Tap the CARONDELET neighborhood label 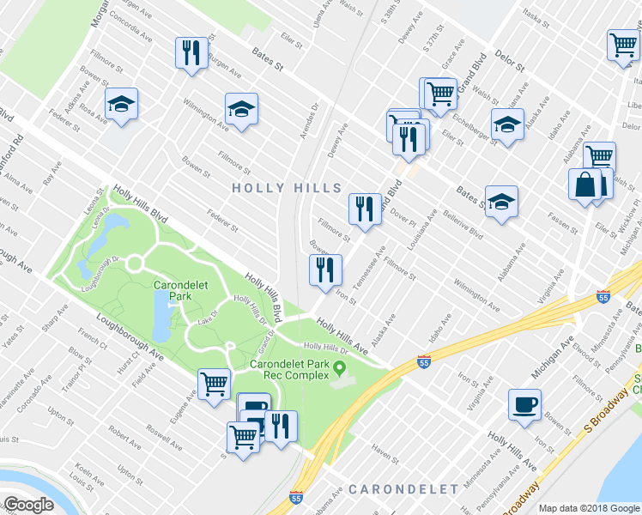tap(403, 489)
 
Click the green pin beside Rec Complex tap(341, 369)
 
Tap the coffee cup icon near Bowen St tap(524, 404)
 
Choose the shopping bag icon tap(584, 185)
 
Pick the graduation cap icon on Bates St tap(501, 203)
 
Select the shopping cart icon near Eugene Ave tap(214, 384)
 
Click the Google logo tap(28, 504)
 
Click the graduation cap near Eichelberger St tap(507, 124)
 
